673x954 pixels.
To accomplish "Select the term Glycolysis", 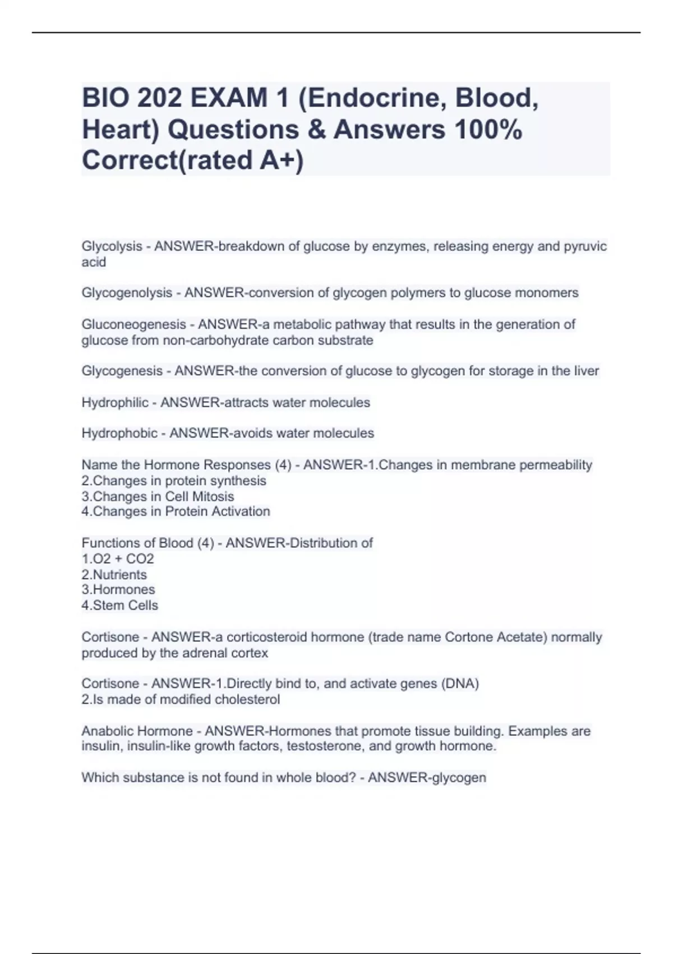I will (112, 246).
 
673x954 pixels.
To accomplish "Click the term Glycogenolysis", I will (127, 293).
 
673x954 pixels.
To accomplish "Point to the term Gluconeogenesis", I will (133, 324).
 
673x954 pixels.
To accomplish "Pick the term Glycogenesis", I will (122, 371).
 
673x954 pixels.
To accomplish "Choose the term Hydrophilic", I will (115, 402).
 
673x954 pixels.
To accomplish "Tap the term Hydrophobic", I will (119, 433).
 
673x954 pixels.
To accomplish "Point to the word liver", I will (587, 371).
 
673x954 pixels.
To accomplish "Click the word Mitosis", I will (213, 497).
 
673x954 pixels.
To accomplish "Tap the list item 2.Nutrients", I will (114, 575).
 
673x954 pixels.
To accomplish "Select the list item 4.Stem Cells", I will (120, 606).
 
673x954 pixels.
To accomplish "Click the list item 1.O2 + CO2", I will (118, 559).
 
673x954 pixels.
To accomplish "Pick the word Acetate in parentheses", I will (522, 637).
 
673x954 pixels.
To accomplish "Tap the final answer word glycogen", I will (457, 778).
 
